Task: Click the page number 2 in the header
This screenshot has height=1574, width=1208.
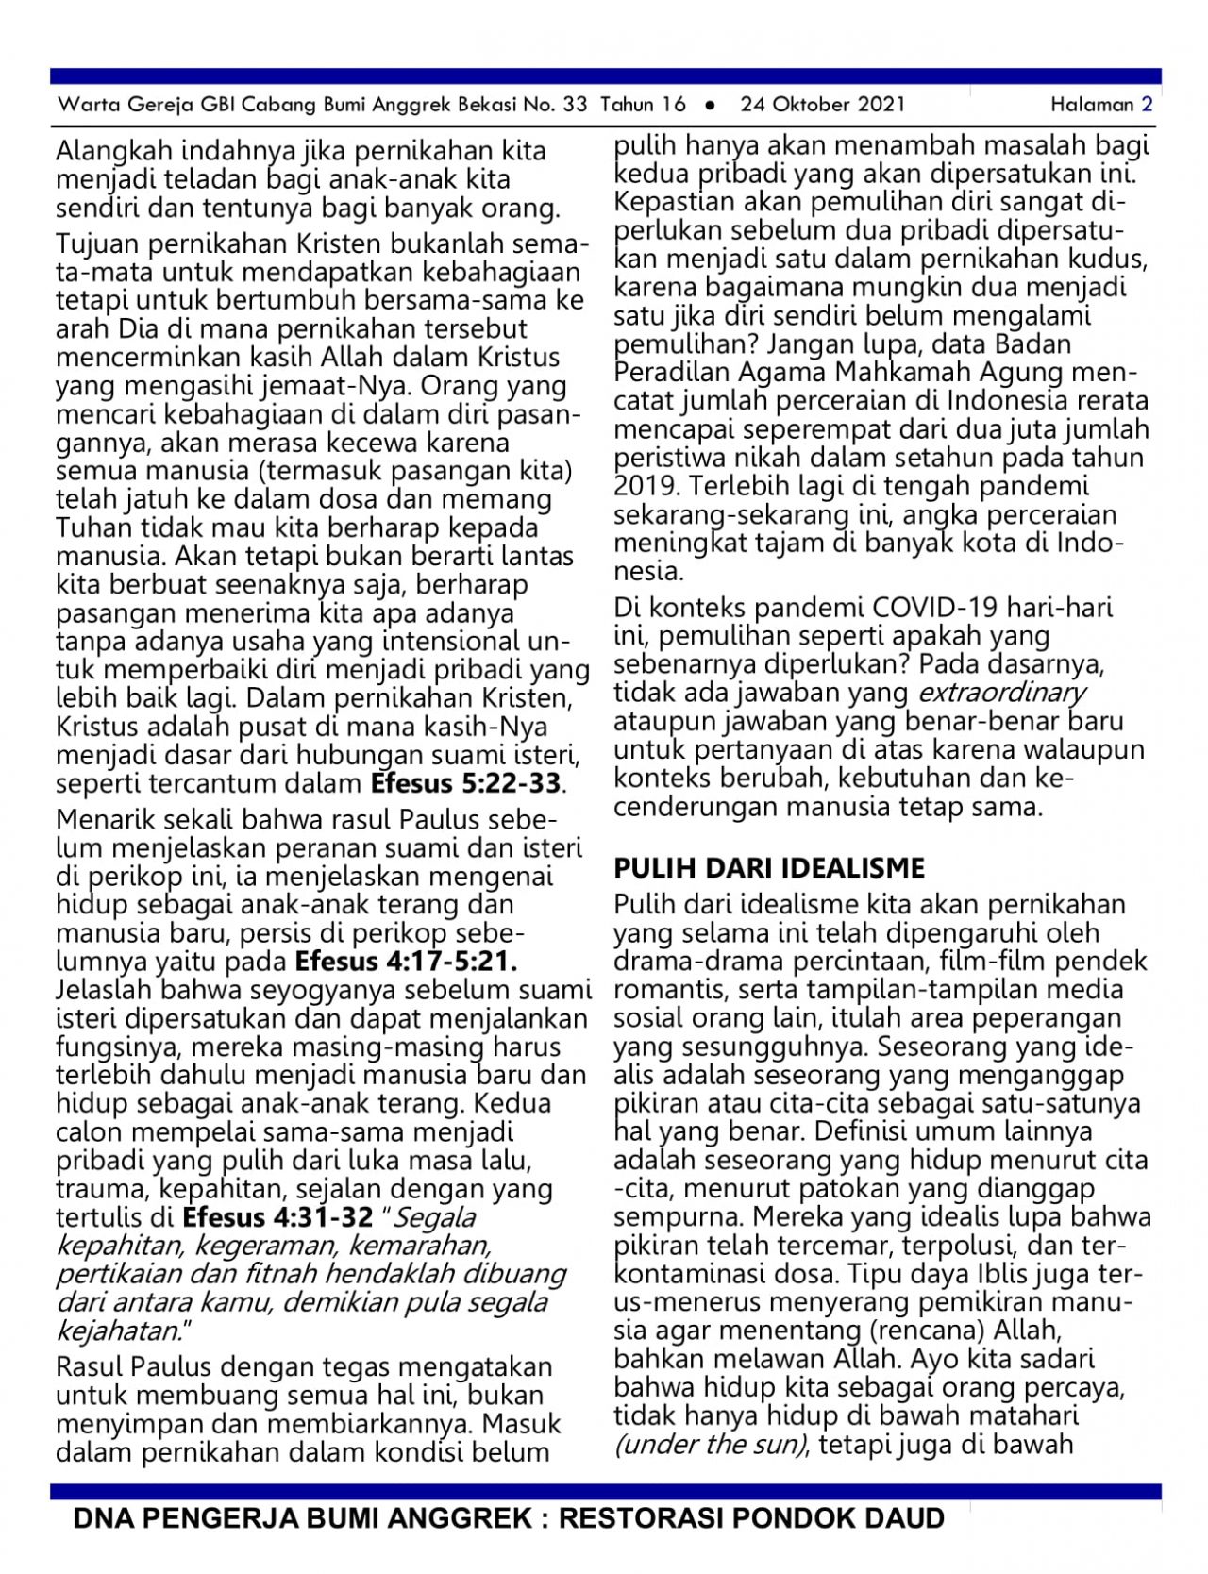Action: click(1147, 105)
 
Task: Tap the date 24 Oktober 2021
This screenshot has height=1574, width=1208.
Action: click(822, 105)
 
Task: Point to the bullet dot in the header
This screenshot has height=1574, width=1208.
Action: click(711, 106)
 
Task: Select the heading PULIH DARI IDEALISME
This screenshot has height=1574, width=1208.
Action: click(769, 868)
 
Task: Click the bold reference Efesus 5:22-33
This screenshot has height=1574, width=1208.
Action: click(466, 783)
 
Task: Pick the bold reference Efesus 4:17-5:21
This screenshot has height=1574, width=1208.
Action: click(406, 962)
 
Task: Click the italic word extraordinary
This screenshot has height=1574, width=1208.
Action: click(1001, 694)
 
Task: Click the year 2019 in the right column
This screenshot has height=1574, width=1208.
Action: click(645, 487)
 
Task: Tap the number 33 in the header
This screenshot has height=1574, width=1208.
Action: click(575, 105)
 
